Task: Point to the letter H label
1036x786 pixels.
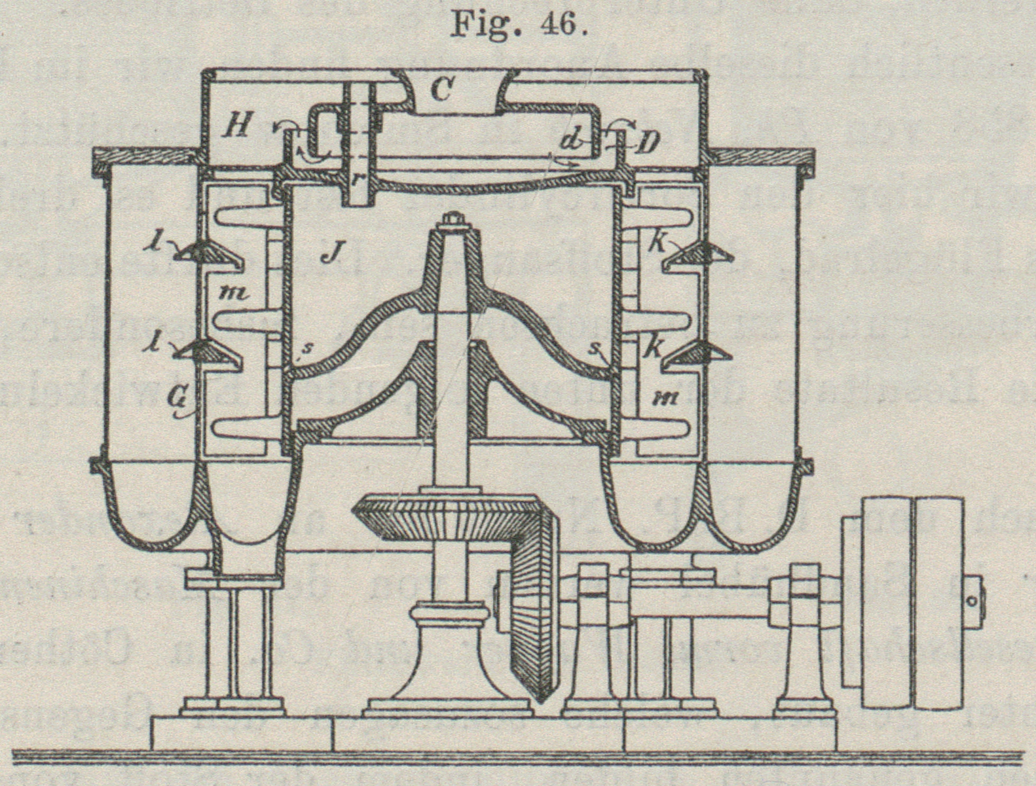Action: tap(234, 126)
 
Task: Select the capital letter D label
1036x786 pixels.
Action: tap(647, 143)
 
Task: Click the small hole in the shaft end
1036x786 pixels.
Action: tap(973, 600)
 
